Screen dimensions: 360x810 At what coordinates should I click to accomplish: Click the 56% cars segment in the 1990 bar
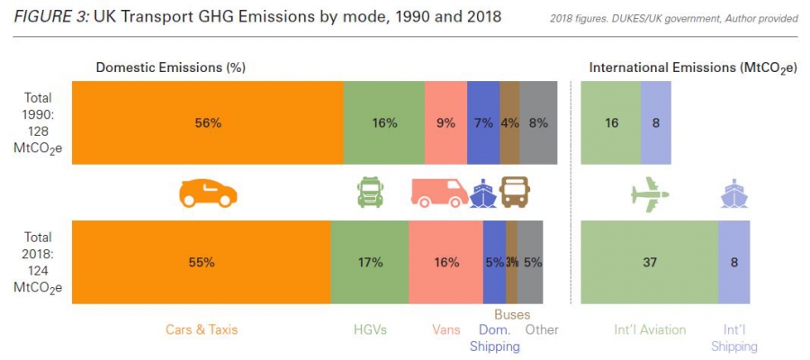tap(207, 122)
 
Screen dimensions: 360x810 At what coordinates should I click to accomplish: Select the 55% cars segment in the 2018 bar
tap(201, 262)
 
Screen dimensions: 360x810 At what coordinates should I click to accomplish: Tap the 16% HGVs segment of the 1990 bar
tap(383, 122)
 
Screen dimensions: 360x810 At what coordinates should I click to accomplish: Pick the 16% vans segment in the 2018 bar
tap(445, 262)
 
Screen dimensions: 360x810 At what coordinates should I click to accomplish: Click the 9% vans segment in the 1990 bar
tap(445, 122)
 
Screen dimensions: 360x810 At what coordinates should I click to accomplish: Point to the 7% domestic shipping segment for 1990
tap(483, 122)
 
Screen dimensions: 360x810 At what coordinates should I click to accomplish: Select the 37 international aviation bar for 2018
tap(649, 262)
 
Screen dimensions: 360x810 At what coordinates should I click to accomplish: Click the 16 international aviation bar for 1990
tap(611, 122)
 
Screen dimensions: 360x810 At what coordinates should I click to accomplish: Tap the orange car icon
tap(208, 193)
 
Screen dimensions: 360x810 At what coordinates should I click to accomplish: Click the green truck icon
tap(370, 192)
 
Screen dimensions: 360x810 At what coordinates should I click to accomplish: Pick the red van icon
tap(438, 193)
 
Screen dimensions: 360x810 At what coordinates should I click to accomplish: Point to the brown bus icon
tap(515, 192)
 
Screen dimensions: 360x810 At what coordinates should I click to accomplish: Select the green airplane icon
tap(651, 193)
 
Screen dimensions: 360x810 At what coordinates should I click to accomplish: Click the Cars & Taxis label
tap(202, 329)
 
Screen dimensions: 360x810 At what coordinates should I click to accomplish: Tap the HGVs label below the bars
tap(370, 329)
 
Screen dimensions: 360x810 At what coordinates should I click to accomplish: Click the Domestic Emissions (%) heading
tap(171, 67)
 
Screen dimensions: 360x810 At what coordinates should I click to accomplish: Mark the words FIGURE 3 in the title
tap(51, 17)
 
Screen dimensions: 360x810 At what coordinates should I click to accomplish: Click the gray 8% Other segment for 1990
tap(539, 122)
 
